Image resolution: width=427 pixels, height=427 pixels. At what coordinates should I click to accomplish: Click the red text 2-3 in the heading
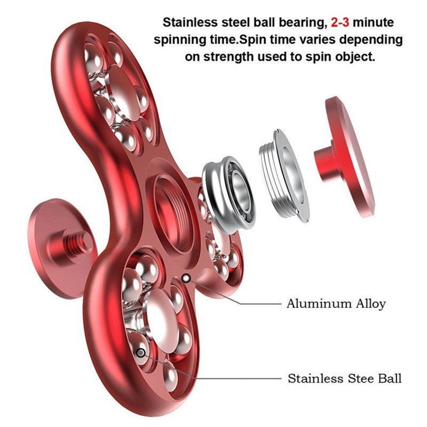[x=340, y=22]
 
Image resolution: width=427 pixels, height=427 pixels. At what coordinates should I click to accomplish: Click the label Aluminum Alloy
[x=336, y=303]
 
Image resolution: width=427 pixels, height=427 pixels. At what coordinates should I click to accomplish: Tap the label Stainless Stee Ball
[x=344, y=378]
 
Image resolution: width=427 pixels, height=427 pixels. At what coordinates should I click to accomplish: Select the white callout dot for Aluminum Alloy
[x=186, y=278]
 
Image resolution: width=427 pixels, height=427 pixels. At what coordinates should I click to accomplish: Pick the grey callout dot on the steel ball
[x=141, y=353]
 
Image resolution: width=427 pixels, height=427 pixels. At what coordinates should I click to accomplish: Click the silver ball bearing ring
[x=229, y=195]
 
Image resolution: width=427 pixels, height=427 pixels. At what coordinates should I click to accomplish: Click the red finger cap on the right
[x=344, y=157]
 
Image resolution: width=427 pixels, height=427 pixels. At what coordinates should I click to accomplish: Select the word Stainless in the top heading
[x=191, y=22]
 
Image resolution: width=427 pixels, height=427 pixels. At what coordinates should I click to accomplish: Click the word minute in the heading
[x=373, y=22]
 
